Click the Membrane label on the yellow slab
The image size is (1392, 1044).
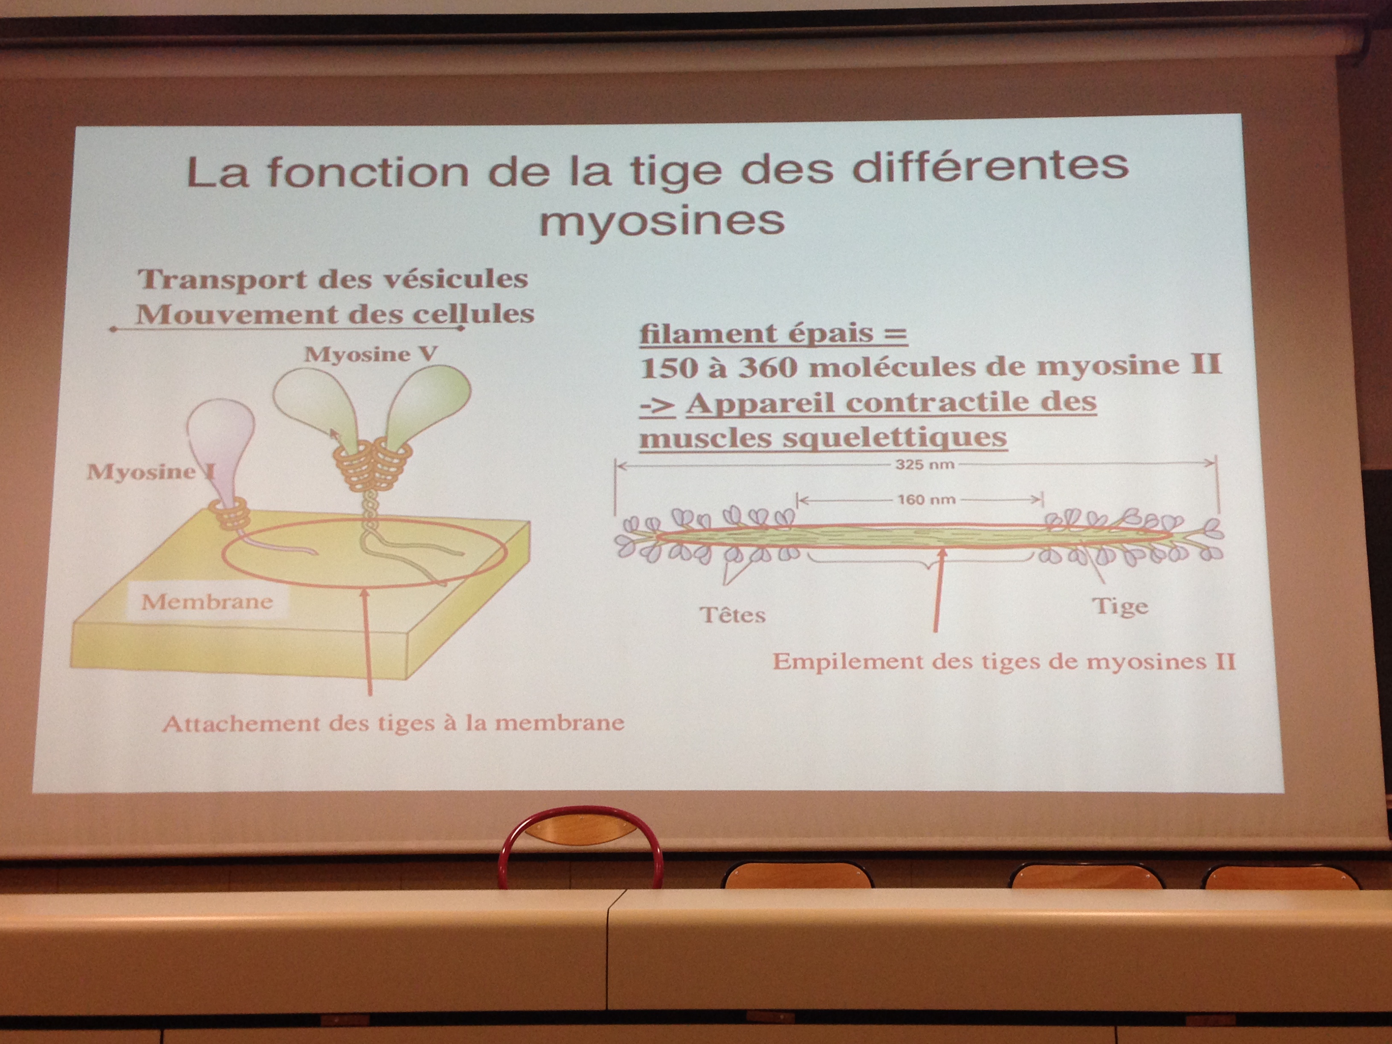(x=207, y=602)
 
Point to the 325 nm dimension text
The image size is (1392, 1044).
(x=925, y=465)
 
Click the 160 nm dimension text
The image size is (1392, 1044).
(x=926, y=500)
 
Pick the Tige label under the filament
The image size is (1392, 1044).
(x=1121, y=606)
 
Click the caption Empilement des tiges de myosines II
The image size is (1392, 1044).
(x=1004, y=662)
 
